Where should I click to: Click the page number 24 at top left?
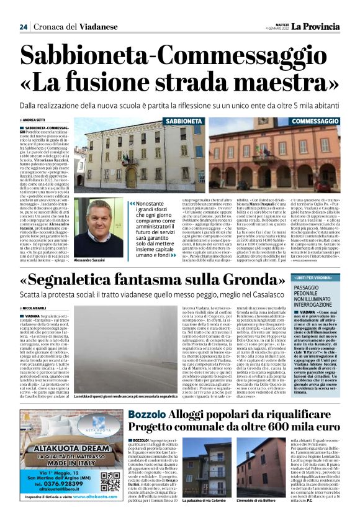click(24, 26)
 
